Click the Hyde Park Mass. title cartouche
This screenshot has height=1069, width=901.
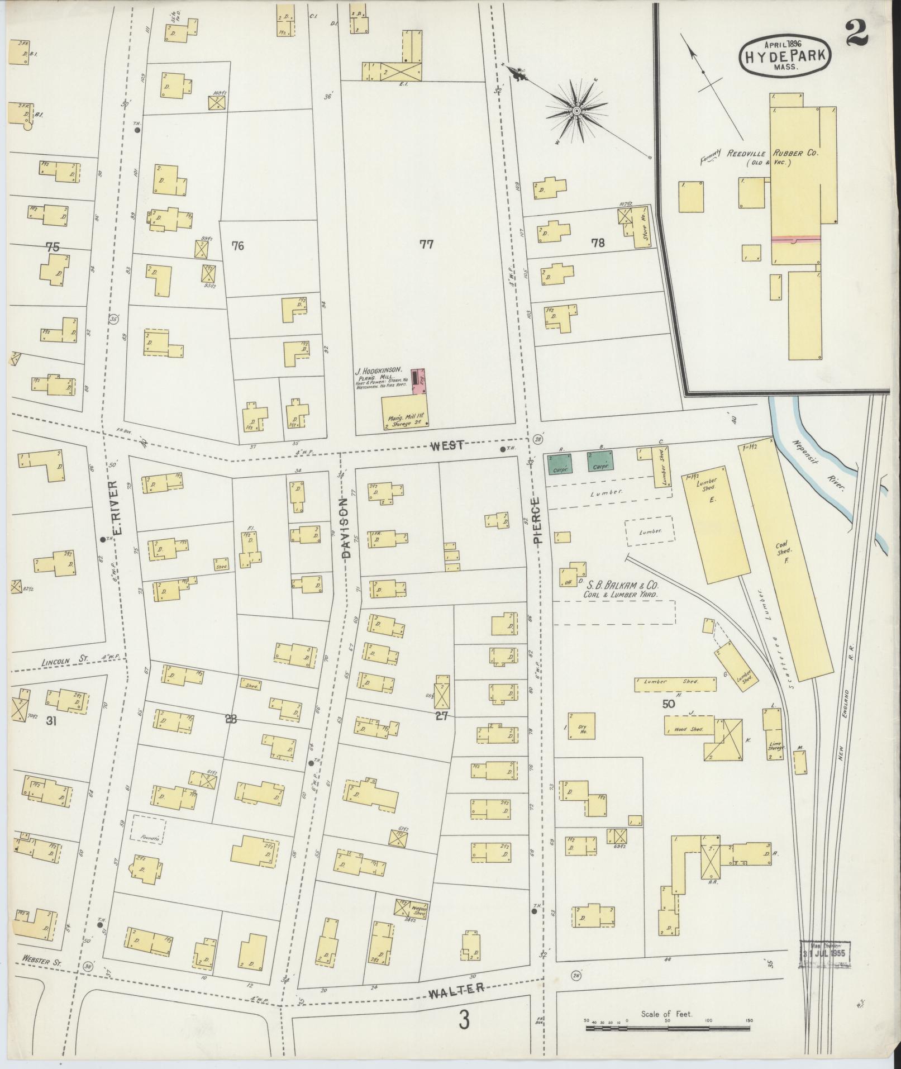coord(785,54)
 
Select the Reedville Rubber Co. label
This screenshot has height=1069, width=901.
coord(772,154)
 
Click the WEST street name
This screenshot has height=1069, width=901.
coord(446,444)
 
